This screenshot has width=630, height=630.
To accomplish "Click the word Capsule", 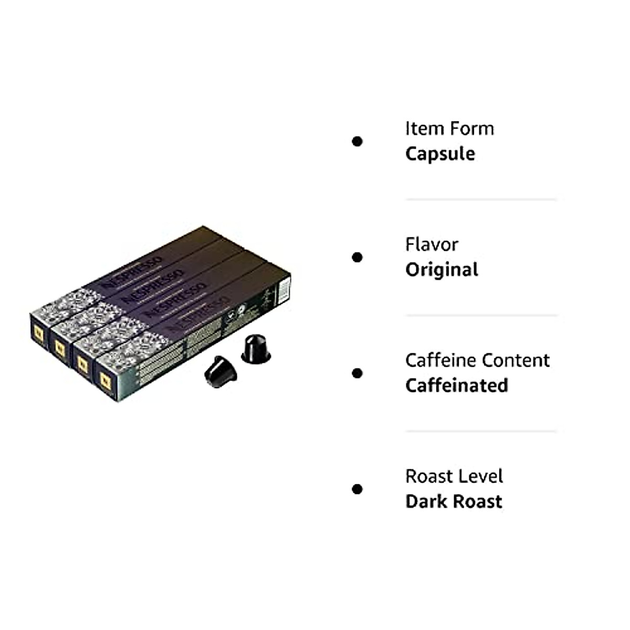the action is click(x=440, y=154).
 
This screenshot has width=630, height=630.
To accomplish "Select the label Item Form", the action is click(x=449, y=129).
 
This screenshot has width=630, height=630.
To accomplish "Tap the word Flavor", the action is click(x=432, y=245).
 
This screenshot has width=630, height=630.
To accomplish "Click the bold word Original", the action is click(x=442, y=270).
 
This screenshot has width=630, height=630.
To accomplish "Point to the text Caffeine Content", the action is click(x=477, y=361).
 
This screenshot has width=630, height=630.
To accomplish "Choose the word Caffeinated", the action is click(x=457, y=386).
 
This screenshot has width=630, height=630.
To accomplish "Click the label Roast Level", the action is click(x=454, y=477).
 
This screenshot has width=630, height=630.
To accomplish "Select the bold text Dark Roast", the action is click(x=454, y=502).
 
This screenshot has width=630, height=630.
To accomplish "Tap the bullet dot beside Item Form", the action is click(x=358, y=141).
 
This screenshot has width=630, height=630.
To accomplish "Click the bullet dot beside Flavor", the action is click(x=358, y=257).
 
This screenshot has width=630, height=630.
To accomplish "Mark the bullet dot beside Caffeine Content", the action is click(x=358, y=373).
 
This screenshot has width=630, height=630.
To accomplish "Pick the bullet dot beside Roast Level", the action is click(x=358, y=489).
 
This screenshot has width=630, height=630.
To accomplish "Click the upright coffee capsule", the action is click(x=256, y=348).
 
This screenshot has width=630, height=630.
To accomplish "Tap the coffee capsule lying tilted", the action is click(x=220, y=372).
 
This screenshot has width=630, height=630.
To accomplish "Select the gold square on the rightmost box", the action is click(x=106, y=381).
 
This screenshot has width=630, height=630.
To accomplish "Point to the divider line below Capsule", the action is click(x=481, y=199).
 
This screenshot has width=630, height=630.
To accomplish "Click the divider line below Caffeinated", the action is click(x=481, y=432).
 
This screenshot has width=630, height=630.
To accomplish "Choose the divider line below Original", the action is click(x=481, y=316).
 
